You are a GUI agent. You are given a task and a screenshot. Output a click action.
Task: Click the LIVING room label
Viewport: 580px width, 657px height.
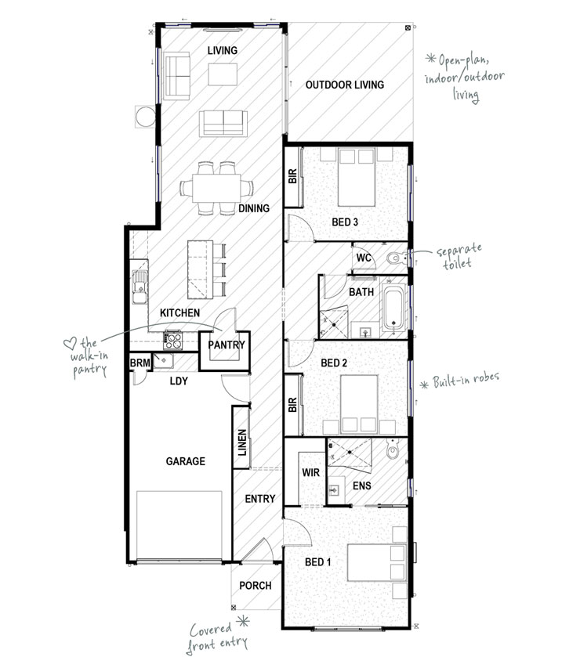point(222,51)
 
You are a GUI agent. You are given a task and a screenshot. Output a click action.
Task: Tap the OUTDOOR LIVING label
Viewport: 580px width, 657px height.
point(344,85)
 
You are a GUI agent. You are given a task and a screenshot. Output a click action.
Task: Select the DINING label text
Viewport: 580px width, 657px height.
point(253,208)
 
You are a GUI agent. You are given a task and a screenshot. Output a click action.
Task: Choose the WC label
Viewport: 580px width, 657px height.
point(363,257)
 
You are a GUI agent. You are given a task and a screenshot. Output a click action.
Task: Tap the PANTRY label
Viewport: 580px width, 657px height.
point(227,345)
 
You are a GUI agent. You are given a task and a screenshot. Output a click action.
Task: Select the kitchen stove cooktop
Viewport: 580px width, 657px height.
point(172,341)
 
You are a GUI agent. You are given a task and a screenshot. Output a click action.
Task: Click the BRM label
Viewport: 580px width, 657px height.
point(140,363)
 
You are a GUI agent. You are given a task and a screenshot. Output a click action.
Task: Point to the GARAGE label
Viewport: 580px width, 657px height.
point(185,461)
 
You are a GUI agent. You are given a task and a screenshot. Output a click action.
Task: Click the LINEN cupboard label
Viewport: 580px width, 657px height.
point(242,447)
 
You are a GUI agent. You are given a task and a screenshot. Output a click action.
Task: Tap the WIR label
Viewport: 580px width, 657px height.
point(310,473)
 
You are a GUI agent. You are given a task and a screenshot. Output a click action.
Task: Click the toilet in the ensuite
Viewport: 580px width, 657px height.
point(393,453)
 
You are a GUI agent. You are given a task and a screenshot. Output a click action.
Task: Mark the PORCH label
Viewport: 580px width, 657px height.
point(256,585)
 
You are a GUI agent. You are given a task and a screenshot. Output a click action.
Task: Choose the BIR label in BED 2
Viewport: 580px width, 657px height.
point(292,405)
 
